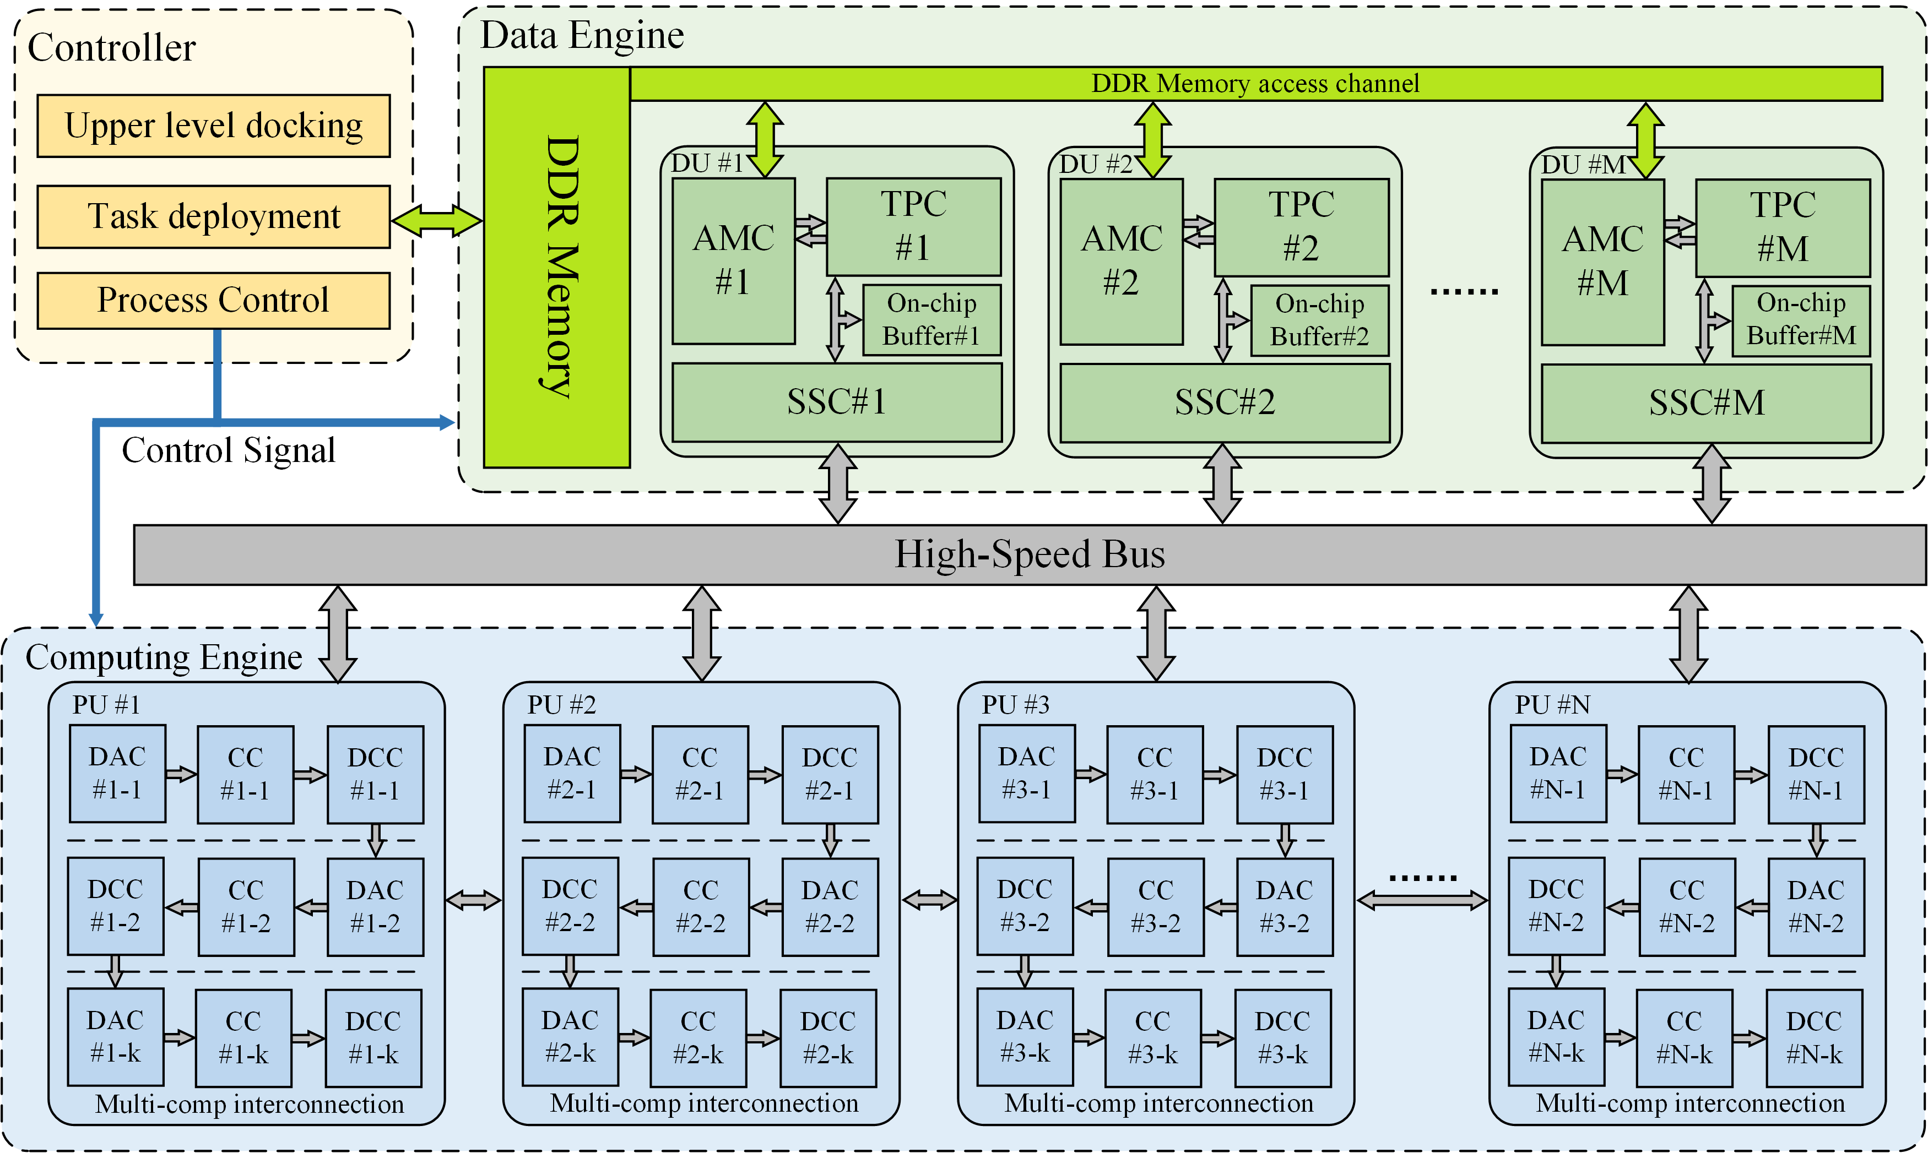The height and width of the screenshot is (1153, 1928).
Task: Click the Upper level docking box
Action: coord(213,126)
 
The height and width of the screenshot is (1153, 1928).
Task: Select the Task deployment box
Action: coord(213,216)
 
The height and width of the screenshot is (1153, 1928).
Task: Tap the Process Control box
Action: coord(213,300)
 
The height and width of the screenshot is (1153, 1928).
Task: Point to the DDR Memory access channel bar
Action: coord(1254,83)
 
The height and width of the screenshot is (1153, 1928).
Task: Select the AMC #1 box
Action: coord(733,261)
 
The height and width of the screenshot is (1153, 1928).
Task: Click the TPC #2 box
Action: coord(1301,227)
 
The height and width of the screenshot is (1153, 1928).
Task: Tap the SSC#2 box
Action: coord(1224,403)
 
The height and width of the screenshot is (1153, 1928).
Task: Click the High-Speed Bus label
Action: coord(1029,554)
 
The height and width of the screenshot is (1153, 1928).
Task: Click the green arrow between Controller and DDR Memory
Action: coord(436,221)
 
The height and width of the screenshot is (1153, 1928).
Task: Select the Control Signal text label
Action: coord(229,450)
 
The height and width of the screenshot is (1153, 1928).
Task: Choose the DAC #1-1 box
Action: coord(117,774)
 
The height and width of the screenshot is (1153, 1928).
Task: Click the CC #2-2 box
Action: coord(700,907)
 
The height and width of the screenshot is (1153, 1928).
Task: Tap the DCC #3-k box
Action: coord(1282,1037)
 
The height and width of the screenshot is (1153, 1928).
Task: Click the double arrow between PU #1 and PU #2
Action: coord(473,900)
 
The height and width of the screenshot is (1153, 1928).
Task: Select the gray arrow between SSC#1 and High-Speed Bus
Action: coord(838,483)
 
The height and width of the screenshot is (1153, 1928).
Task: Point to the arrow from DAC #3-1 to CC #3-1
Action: coord(1090,774)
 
